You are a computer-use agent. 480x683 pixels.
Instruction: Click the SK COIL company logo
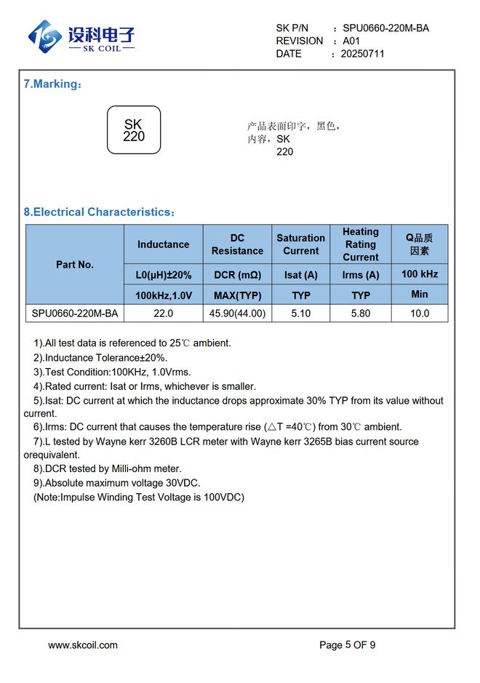pyautogui.click(x=81, y=37)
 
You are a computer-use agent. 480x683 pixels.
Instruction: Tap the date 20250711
pyautogui.click(x=362, y=54)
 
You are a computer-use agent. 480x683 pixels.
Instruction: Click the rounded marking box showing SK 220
pyautogui.click(x=134, y=130)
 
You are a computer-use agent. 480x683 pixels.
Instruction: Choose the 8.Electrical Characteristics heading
pyautogui.click(x=99, y=212)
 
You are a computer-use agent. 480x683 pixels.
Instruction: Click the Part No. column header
pyautogui.click(x=75, y=265)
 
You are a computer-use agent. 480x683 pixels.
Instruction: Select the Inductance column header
pyautogui.click(x=163, y=244)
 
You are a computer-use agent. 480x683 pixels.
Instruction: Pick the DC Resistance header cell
pyautogui.click(x=237, y=244)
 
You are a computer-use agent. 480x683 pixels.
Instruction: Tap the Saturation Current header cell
pyautogui.click(x=300, y=244)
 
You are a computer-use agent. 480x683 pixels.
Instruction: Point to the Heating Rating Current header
pyautogui.click(x=361, y=244)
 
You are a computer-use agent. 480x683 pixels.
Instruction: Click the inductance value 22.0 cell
pyautogui.click(x=163, y=314)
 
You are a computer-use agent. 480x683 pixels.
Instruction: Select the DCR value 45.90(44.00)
pyautogui.click(x=237, y=314)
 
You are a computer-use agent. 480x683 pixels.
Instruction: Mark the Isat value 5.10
pyautogui.click(x=300, y=314)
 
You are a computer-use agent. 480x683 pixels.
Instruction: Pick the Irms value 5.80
pyautogui.click(x=361, y=314)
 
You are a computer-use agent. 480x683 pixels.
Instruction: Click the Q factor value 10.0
pyautogui.click(x=420, y=314)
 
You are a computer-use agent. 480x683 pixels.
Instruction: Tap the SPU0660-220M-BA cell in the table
pyautogui.click(x=75, y=314)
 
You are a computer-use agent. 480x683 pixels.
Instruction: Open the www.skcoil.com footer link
pyautogui.click(x=83, y=644)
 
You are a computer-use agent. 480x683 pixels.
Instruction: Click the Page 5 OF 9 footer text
pyautogui.click(x=348, y=644)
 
